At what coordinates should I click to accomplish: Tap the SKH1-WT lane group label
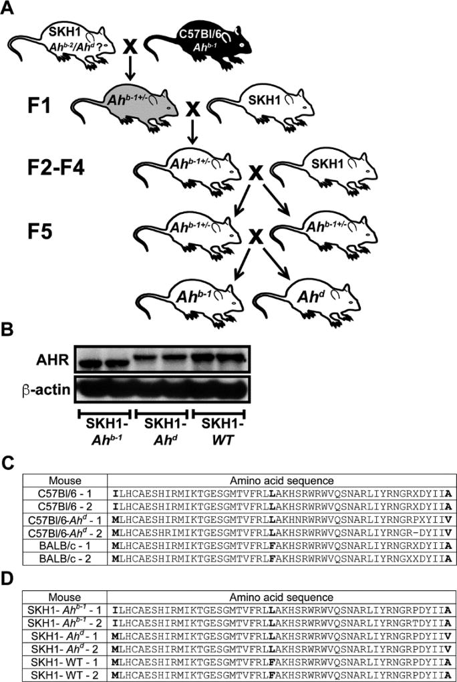click(218, 434)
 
